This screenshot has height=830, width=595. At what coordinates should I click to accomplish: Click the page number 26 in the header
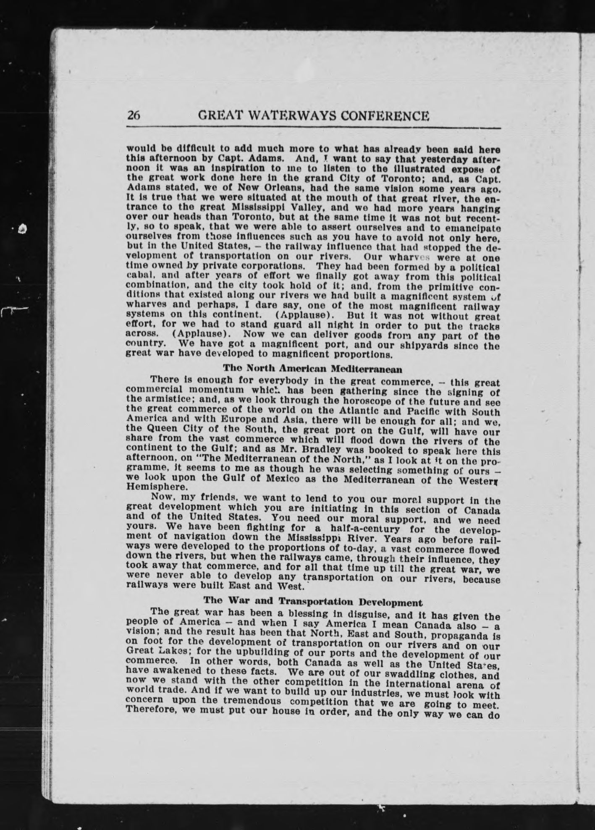134,115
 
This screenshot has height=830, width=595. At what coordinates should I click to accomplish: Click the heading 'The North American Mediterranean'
312,369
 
